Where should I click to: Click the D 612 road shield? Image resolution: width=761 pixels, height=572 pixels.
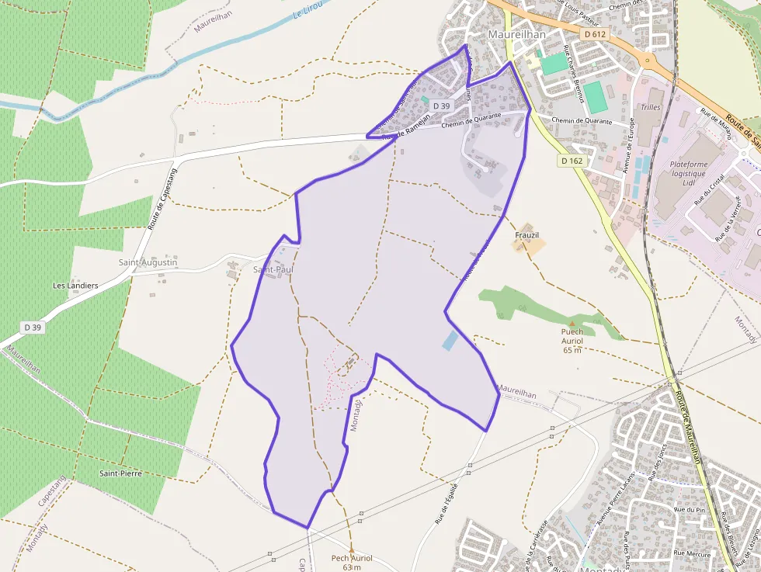click(594, 34)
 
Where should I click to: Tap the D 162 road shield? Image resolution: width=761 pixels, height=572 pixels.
click(571, 161)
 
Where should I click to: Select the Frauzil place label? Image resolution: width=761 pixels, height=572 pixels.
click(526, 234)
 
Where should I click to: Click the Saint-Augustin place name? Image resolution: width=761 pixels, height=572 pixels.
click(148, 262)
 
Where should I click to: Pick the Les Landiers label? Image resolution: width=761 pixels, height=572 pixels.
click(75, 286)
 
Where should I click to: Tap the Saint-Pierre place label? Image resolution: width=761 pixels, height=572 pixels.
click(120, 473)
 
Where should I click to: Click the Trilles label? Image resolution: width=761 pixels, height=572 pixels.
click(650, 106)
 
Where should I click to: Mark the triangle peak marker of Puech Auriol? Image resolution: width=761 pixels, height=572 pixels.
click(572, 323)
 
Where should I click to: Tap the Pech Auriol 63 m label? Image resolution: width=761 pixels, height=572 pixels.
click(352, 563)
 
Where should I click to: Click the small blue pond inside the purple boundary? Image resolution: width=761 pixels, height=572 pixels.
click(450, 340)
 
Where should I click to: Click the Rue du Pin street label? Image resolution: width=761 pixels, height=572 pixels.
click(688, 509)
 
